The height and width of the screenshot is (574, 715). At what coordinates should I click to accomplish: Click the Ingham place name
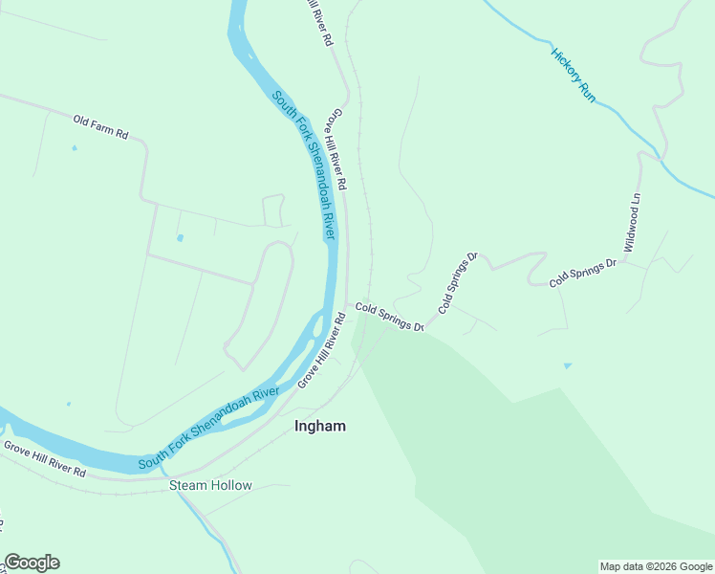[x=320, y=426]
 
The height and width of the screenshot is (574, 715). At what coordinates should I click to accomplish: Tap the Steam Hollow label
[x=210, y=485]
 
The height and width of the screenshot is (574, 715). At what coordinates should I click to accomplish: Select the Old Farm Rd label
[x=100, y=127]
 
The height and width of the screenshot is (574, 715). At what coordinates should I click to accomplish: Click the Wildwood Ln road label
[x=632, y=223]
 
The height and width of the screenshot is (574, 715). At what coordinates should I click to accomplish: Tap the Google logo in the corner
[x=32, y=563]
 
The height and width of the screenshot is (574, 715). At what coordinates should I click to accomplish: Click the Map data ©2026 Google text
[x=656, y=566]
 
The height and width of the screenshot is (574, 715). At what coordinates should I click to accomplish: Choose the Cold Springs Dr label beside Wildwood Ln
[x=583, y=273]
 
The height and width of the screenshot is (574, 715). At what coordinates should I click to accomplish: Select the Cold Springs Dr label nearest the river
[x=389, y=317]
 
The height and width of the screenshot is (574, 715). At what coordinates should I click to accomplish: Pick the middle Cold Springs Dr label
[x=457, y=284]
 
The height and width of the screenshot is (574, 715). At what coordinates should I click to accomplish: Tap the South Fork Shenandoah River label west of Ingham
[x=207, y=429]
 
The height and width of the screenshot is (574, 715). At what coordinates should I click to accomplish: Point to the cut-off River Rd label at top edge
[x=318, y=21]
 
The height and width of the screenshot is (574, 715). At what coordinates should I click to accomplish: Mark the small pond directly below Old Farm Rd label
[x=74, y=148]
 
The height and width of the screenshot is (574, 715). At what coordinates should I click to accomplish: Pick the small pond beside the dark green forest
[x=567, y=365]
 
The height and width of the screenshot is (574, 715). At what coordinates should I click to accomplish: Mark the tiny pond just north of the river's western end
[x=69, y=404]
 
